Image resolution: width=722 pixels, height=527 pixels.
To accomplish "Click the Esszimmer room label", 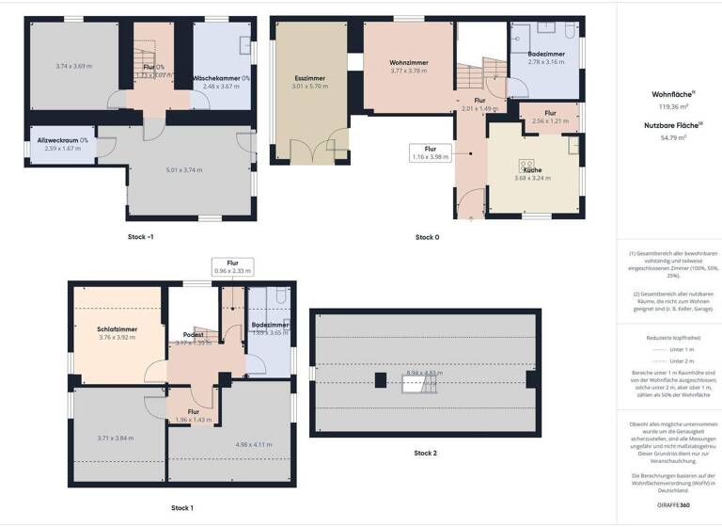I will (x=310, y=78).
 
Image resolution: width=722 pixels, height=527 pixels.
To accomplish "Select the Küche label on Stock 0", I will (x=532, y=170).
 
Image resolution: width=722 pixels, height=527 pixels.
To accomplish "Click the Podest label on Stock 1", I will (x=194, y=334).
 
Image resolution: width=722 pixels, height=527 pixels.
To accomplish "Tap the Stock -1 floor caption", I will (x=141, y=237).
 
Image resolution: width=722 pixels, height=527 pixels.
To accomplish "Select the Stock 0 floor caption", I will (x=427, y=237).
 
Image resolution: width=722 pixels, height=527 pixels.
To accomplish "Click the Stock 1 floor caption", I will (x=182, y=508).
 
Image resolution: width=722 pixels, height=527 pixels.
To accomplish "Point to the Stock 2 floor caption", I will (x=425, y=453).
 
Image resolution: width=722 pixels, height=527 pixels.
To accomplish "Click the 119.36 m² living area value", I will (x=667, y=108).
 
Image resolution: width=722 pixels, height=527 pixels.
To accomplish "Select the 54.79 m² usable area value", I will (x=667, y=137).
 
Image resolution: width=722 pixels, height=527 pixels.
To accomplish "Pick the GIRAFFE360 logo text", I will (x=667, y=505).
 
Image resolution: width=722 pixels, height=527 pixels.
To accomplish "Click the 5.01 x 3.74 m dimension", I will (x=184, y=170).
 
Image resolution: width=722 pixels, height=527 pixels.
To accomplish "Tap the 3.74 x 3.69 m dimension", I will (x=74, y=66).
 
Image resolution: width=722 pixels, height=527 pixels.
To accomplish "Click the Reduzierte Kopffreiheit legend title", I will (x=667, y=337).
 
